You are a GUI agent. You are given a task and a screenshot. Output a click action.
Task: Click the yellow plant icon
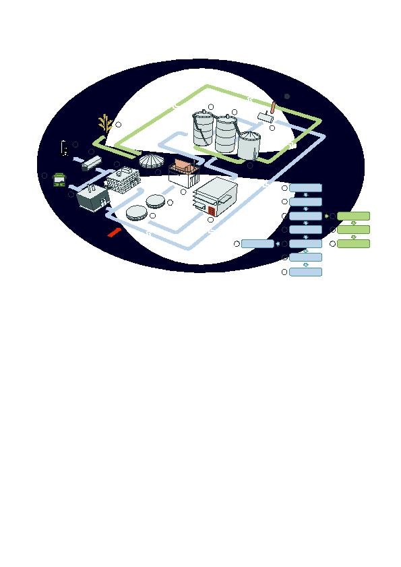(104, 123)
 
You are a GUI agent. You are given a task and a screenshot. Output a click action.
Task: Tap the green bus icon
(59, 179)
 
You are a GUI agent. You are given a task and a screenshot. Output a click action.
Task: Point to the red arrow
(115, 231)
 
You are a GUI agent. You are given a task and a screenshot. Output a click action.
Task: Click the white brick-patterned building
(123, 179)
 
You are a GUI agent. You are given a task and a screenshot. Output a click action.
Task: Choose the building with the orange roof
(185, 166)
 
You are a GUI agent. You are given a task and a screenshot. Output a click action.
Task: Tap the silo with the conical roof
(249, 144)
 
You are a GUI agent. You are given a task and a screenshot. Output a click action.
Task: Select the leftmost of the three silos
(203, 129)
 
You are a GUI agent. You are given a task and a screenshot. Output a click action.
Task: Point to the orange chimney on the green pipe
(273, 107)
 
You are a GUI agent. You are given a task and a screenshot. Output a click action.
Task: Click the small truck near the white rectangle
(91, 163)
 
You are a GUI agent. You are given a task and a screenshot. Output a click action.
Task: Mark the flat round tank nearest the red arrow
(137, 212)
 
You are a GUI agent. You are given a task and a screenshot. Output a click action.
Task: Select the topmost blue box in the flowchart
(305, 187)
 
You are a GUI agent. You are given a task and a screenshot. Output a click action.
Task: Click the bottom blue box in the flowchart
(305, 272)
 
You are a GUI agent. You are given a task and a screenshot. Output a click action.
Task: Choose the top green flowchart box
(353, 216)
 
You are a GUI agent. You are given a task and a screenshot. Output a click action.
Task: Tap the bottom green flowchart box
(353, 243)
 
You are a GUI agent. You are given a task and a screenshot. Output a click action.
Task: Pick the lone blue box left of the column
(257, 243)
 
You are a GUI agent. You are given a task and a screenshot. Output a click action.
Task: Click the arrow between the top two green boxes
(354, 222)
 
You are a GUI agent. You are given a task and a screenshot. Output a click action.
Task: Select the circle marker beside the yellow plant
(119, 124)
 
